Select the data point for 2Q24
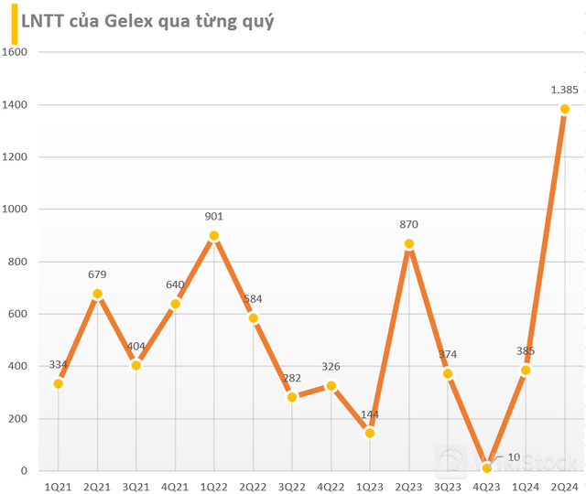pyautogui.click(x=565, y=109)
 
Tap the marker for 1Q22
pyautogui.click(x=214, y=236)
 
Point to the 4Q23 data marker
pyautogui.click(x=487, y=468)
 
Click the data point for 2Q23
pyautogui.click(x=409, y=244)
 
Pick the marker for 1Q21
pyautogui.click(x=59, y=383)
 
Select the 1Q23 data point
pyautogui.click(x=370, y=433)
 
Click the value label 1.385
pyautogui.click(x=564, y=90)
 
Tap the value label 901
pyautogui.click(x=213, y=217)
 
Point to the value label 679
pyautogui.click(x=97, y=274)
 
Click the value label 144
pyautogui.click(x=370, y=413)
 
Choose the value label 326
pyautogui.click(x=331, y=367)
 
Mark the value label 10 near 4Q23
pyautogui.click(x=514, y=456)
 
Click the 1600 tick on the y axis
pyautogui.click(x=16, y=52)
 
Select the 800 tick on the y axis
pyautogui.click(x=20, y=262)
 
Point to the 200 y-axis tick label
pyautogui.click(x=20, y=419)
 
